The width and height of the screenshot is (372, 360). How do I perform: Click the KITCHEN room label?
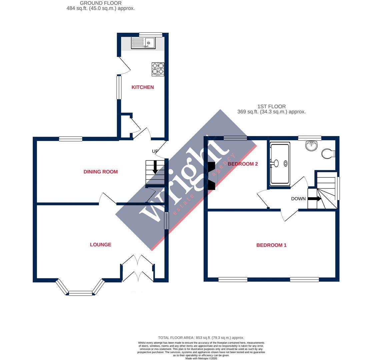click(x=143, y=87)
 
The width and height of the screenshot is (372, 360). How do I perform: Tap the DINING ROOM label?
click(x=100, y=172)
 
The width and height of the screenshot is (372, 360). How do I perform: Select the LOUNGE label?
click(x=100, y=245)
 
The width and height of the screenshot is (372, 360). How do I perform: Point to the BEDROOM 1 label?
click(x=271, y=245)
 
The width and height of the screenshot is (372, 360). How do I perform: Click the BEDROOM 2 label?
click(x=243, y=164)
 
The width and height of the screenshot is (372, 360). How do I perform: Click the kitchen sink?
click(x=143, y=43)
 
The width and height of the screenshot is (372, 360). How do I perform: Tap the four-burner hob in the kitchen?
click(x=158, y=69)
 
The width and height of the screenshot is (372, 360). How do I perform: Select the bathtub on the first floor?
click(x=280, y=163)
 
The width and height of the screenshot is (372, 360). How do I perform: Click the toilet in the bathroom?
click(x=328, y=154)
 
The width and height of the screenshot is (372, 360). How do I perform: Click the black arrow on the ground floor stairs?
click(x=155, y=167)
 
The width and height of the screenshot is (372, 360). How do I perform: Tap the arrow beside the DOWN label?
click(x=314, y=199)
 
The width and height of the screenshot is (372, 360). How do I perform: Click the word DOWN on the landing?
click(x=298, y=199)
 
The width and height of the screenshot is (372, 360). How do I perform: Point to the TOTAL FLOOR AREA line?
click(x=201, y=338)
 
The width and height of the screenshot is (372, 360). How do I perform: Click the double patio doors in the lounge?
click(x=138, y=269)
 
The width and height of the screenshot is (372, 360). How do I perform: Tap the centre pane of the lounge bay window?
click(x=80, y=293)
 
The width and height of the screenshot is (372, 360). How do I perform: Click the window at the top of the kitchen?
click(x=151, y=34)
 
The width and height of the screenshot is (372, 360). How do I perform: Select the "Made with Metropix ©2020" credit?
click(x=201, y=358)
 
